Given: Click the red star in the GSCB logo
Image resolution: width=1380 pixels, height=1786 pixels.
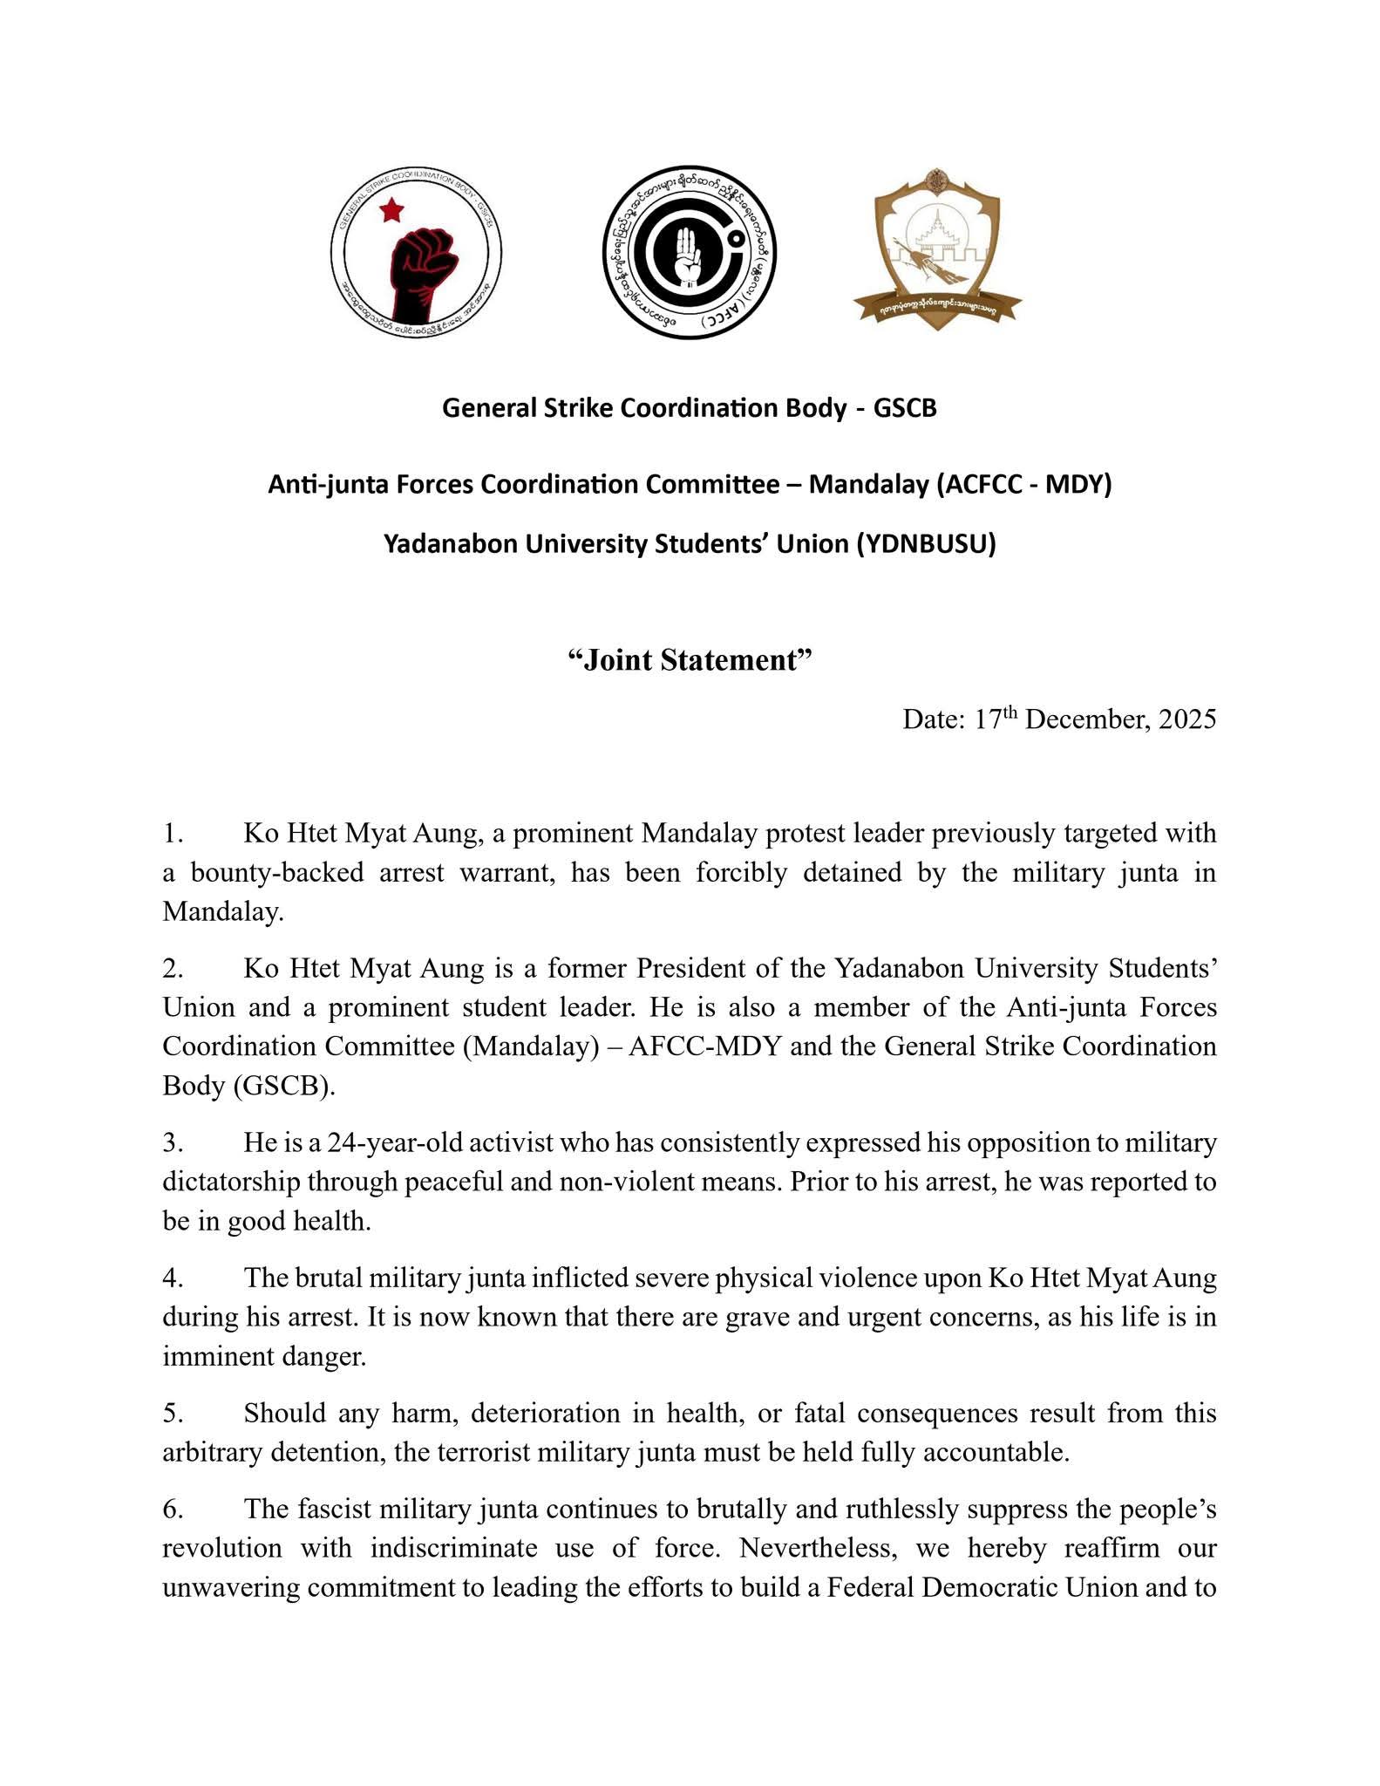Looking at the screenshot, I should tap(391, 209).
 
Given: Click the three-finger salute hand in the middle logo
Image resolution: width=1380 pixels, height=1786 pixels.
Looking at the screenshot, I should tap(689, 253).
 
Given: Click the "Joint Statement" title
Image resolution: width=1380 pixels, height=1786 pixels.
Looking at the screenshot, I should tap(690, 660).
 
